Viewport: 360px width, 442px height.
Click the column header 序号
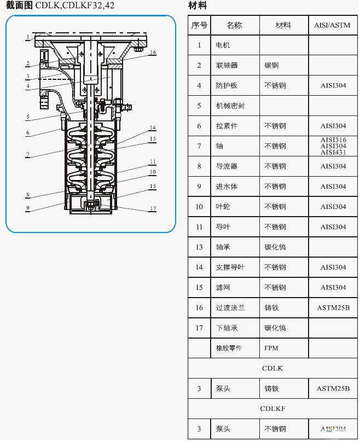pyautogui.click(x=199, y=25)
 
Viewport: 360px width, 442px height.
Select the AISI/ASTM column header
pyautogui.click(x=332, y=25)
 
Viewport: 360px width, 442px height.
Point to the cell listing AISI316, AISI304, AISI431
pyautogui.click(x=333, y=146)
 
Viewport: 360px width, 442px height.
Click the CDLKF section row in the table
pyautogui.click(x=272, y=409)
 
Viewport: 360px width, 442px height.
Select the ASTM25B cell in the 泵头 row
pyautogui.click(x=333, y=388)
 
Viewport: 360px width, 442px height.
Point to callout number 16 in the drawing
pyautogui.click(x=153, y=53)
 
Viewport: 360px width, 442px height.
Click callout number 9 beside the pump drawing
pyautogui.click(x=27, y=208)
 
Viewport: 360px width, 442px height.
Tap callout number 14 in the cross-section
pyautogui.click(x=153, y=128)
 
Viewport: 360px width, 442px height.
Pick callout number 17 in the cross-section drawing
pyautogui.click(x=153, y=208)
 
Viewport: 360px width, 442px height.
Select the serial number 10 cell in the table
pyautogui.click(x=199, y=207)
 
